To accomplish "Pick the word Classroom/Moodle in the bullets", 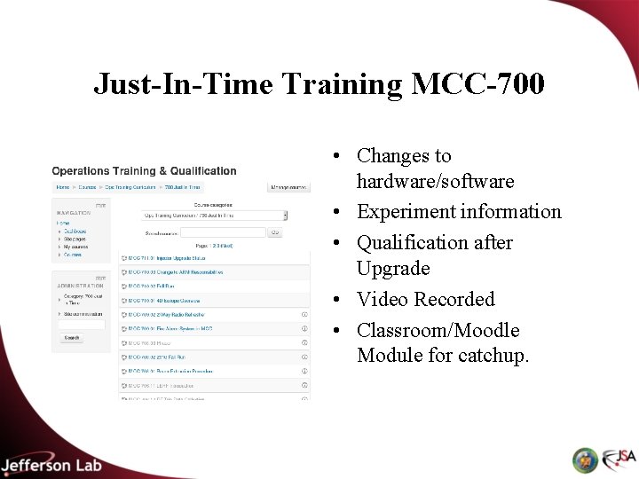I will [438, 330].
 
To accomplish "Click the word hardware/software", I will [435, 181].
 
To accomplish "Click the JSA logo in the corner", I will [619, 459].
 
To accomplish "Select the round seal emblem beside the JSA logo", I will [585, 459].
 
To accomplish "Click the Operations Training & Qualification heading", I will [144, 171].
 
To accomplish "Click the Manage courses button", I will [288, 187].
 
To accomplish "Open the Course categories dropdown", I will [216, 215].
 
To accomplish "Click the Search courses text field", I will [223, 232].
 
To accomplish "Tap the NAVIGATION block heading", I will [74, 213].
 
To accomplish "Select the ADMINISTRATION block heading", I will [79, 286].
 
